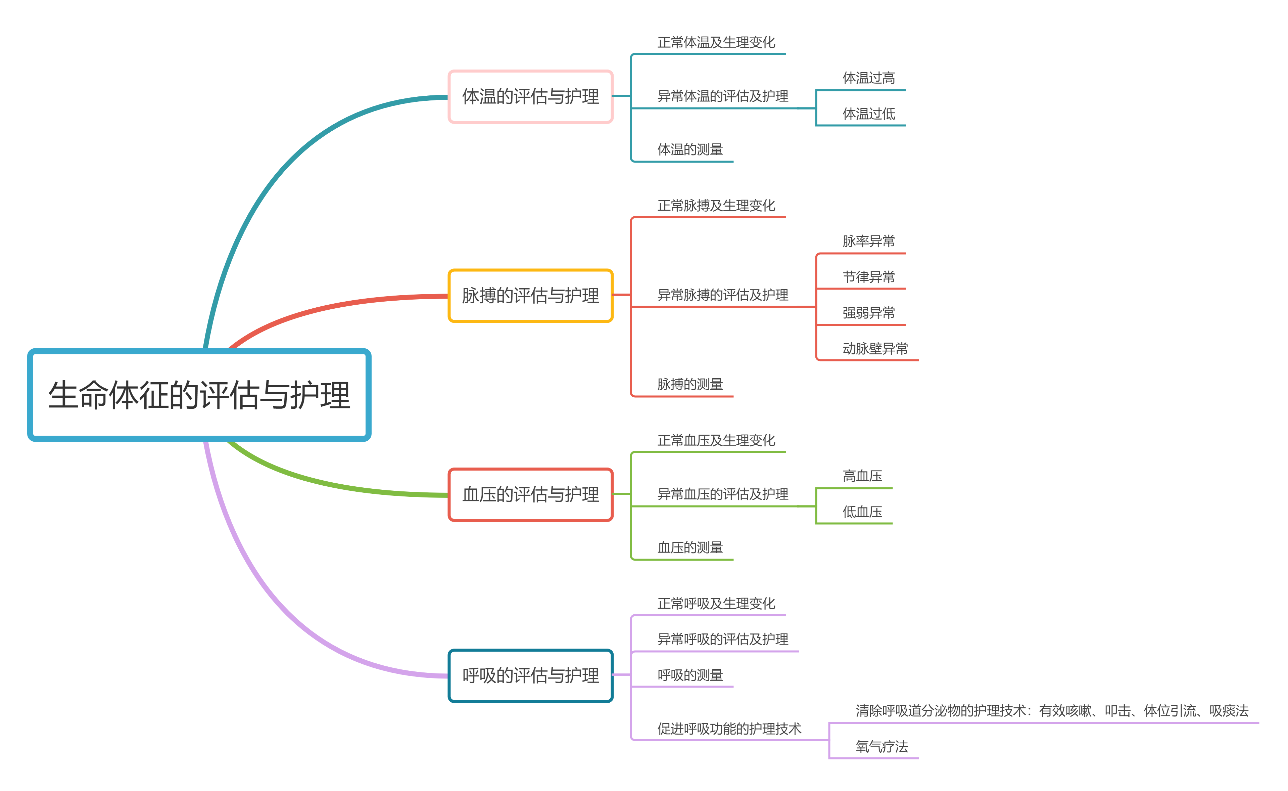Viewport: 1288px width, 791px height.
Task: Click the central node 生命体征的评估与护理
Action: coord(199,395)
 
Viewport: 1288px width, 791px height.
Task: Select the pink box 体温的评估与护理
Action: coord(530,97)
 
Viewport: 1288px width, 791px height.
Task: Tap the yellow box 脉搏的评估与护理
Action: coord(530,296)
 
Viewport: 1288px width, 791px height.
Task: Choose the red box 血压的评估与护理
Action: coord(530,494)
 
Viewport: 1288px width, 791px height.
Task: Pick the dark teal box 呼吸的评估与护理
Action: coord(530,675)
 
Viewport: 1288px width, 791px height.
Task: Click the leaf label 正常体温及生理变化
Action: coord(716,42)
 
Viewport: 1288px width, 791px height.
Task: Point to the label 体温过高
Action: coord(868,78)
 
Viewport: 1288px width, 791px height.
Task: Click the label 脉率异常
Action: coord(868,241)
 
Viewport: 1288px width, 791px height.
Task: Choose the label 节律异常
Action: coord(868,277)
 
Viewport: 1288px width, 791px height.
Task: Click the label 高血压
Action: coord(862,476)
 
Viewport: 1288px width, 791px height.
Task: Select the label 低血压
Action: coord(862,512)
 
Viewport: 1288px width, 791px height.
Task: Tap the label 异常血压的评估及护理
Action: coord(722,494)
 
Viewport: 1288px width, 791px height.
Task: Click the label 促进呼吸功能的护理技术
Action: coord(729,729)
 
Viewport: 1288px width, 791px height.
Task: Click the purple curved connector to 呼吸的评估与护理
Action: coord(272,602)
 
